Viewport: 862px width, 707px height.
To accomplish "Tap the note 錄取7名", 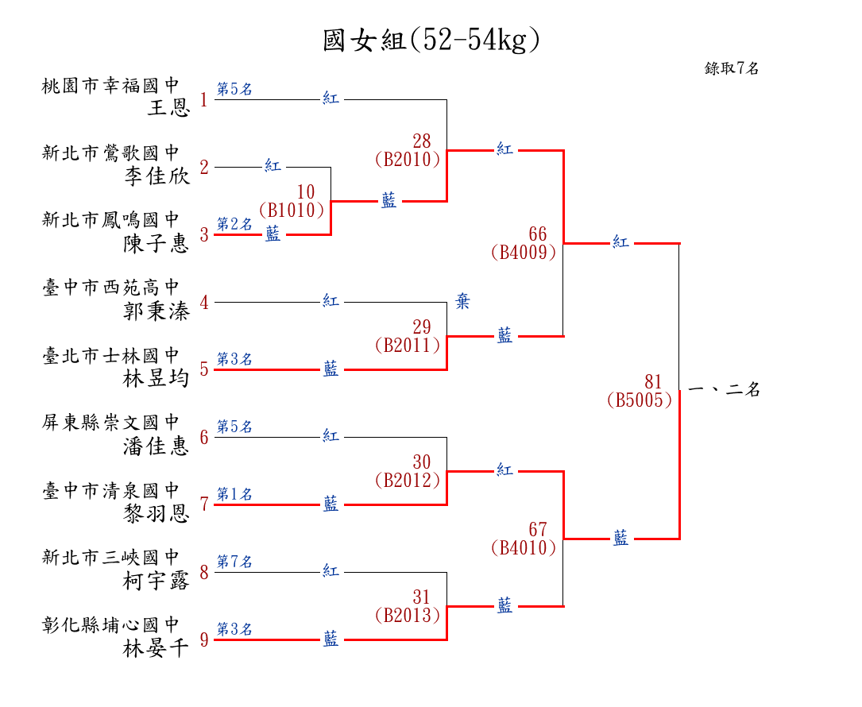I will (x=732, y=68).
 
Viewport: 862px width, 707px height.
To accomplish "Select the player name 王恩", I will (x=168, y=107).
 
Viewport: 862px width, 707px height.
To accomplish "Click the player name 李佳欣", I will (x=157, y=176).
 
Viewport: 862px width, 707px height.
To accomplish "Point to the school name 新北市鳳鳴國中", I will (x=111, y=219).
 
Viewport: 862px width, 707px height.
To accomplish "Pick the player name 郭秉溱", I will (x=157, y=311).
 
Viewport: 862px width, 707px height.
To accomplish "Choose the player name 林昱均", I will (x=157, y=378).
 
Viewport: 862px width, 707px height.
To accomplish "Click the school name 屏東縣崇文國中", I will (x=111, y=422).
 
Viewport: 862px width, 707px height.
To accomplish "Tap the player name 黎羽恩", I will (x=157, y=513).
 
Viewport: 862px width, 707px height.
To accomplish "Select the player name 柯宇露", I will (x=157, y=581).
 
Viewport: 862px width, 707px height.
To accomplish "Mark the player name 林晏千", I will (x=157, y=648).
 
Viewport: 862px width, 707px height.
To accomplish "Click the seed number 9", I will (x=204, y=639).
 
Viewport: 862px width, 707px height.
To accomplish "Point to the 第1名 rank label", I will (x=234, y=494).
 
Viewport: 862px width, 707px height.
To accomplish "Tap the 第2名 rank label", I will (x=234, y=224).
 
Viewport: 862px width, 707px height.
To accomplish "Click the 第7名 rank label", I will (x=234, y=562).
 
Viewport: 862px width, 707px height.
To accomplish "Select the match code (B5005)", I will (x=639, y=400).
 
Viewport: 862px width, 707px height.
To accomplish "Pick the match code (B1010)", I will (x=292, y=211).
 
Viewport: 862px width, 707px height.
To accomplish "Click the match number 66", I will (x=538, y=234).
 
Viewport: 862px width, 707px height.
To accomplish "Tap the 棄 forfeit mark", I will (x=462, y=302).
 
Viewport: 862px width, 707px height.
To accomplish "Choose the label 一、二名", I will (x=724, y=390).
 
